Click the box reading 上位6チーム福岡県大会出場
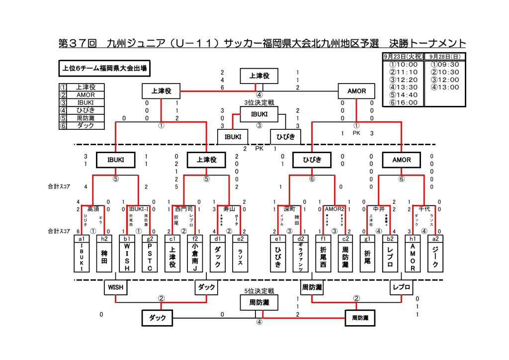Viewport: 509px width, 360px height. pos(104,68)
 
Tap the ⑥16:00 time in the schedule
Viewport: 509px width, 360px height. pos(403,102)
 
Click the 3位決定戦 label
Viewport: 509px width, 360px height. pos(258,103)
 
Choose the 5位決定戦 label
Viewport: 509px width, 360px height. pos(258,291)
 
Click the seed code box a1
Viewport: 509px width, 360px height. pos(82,238)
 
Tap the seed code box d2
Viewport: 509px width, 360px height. pos(300,238)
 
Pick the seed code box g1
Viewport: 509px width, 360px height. pos(367,238)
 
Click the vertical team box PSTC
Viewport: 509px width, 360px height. pos(150,257)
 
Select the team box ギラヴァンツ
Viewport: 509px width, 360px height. pos(300,257)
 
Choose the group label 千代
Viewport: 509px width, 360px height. pos(424,209)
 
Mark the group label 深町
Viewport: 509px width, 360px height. pos(289,209)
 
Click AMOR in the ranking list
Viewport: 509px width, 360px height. pos(86,94)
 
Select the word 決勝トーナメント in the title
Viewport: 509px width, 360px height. pos(427,43)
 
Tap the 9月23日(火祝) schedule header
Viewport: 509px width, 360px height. pos(403,56)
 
